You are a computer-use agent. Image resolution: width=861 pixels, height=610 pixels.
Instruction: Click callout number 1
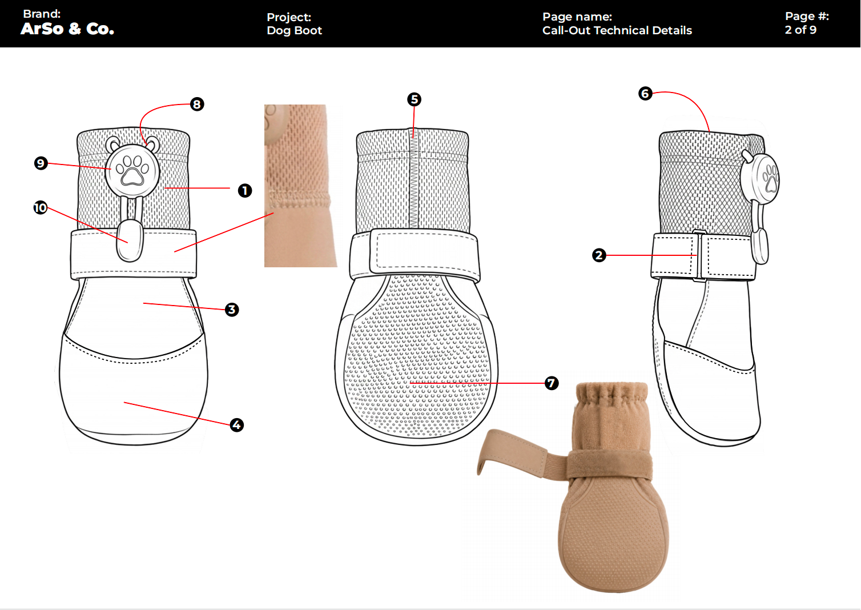245,190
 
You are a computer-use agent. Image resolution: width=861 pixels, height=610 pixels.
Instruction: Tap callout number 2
599,255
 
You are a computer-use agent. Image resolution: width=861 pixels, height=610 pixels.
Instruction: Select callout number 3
231,310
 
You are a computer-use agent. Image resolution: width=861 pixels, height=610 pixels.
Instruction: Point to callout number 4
237,424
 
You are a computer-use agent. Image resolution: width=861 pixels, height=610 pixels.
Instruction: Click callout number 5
414,99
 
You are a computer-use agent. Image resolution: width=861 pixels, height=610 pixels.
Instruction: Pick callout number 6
645,94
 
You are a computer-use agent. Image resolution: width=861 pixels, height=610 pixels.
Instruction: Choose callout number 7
551,383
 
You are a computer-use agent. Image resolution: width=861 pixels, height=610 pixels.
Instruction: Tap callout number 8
197,104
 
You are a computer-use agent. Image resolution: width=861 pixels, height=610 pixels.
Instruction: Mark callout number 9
41,163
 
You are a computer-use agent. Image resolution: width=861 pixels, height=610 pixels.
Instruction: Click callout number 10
40,208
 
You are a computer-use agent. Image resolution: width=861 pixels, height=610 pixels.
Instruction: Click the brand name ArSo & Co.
67,29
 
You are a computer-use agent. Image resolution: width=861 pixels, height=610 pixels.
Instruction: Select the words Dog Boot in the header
294,30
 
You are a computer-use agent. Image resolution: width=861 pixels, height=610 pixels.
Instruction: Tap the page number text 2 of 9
800,30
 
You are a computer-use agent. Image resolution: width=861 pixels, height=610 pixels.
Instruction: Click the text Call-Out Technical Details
617,30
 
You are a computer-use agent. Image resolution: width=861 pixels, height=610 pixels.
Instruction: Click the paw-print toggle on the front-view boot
132,171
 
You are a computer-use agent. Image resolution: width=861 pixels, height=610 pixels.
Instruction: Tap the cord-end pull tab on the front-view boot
130,241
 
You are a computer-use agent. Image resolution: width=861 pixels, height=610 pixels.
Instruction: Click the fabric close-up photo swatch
300,186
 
